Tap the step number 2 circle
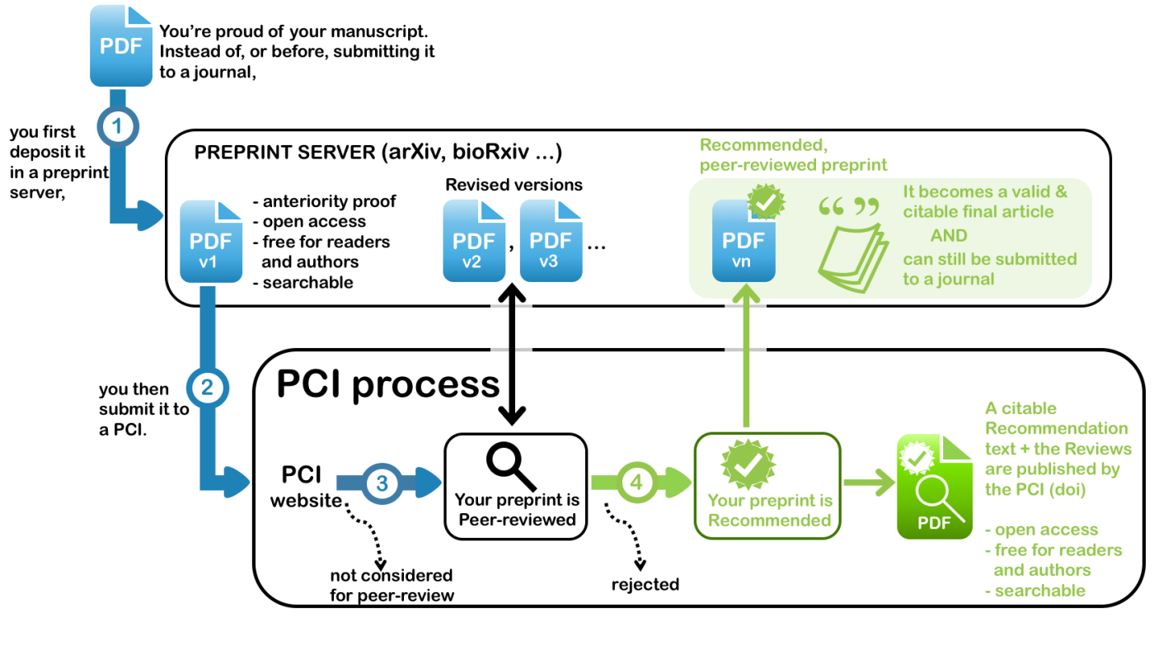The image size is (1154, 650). pos(207,387)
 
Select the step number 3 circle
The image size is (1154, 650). pos(382,483)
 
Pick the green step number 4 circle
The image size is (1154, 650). pos(636,483)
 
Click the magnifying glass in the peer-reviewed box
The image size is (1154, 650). pos(510,465)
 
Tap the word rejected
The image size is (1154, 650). pos(645,585)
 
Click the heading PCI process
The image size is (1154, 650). pos(388,384)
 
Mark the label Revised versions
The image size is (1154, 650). pos(514,185)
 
